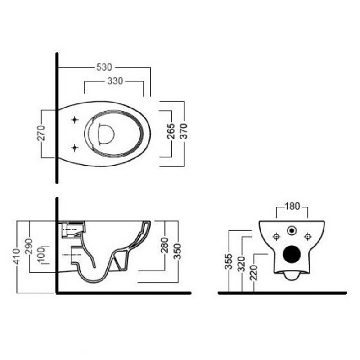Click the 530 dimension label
point(104,67)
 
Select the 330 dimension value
point(115,81)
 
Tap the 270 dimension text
point(41,133)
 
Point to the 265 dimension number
point(171,131)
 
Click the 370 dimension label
point(184,131)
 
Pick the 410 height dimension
point(16,256)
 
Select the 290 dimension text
point(29,246)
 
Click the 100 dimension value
point(41,255)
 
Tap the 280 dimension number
point(164,245)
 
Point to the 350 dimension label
point(177,252)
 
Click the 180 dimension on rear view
point(292,207)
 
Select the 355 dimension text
point(229,261)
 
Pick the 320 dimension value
point(242,264)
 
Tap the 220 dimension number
point(254,273)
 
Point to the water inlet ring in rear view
point(292,230)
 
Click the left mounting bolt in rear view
point(276,237)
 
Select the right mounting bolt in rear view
point(307,237)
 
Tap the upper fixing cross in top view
point(75,120)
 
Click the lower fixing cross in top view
point(75,148)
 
